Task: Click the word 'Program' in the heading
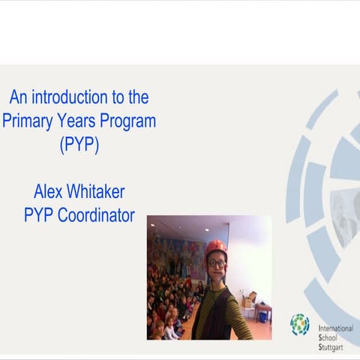(130, 121)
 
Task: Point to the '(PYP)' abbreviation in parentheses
(79, 145)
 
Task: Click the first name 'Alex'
(49, 191)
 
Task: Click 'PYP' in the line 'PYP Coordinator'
(37, 216)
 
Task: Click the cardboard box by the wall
(250, 298)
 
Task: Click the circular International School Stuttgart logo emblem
(300, 324)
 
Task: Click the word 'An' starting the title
(18, 97)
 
